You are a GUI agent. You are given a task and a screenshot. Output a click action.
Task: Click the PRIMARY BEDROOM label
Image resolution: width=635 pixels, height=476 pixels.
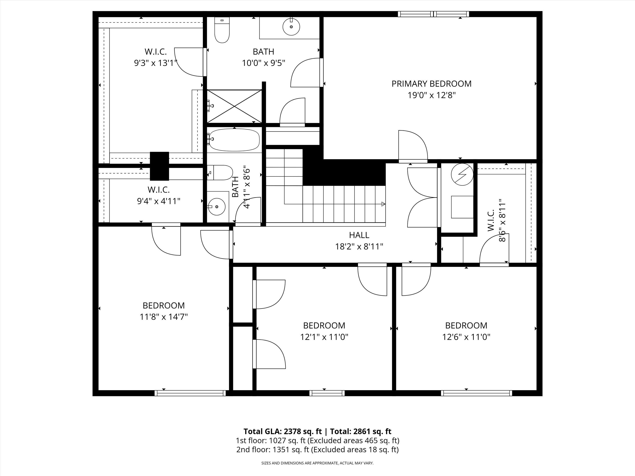point(431,84)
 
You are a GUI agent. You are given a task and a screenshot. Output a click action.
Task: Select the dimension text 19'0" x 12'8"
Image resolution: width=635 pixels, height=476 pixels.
point(431,95)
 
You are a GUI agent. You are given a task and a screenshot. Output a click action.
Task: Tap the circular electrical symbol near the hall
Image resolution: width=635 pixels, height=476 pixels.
point(462,174)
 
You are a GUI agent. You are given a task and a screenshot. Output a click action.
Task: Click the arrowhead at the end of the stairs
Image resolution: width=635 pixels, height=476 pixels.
point(383,204)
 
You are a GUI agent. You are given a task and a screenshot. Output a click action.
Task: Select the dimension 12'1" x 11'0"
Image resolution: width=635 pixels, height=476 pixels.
point(324,337)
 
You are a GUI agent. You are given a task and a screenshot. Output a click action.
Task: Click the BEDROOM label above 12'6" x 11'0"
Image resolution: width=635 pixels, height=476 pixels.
point(466,326)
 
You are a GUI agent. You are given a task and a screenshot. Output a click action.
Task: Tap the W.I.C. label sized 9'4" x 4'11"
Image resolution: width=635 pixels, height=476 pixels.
point(159,190)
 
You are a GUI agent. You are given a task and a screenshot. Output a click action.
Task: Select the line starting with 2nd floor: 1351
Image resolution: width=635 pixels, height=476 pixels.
point(317,450)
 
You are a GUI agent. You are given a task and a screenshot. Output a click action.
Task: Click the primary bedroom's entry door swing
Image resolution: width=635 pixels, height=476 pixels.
point(413,146)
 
